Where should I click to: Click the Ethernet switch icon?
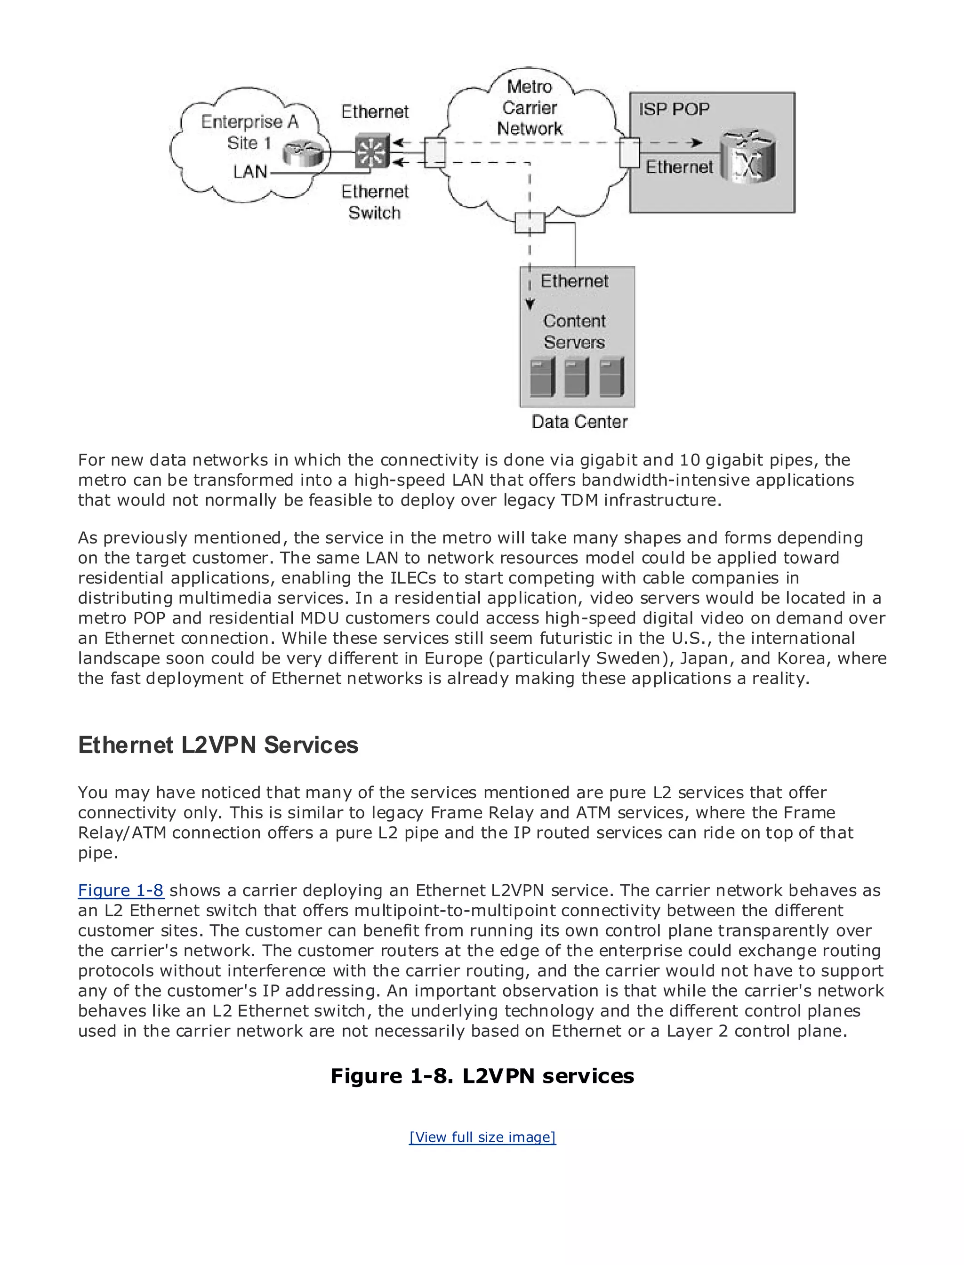point(372,152)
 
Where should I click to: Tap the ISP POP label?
point(674,109)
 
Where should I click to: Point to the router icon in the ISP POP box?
point(747,157)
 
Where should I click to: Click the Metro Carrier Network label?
point(530,108)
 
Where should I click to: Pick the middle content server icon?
point(577,377)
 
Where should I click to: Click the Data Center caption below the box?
point(579,422)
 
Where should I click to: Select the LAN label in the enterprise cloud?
point(250,171)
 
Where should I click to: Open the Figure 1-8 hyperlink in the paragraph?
point(121,890)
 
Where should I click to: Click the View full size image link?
point(482,1137)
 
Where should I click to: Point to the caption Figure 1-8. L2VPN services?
point(482,1076)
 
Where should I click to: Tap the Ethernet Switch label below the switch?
point(375,202)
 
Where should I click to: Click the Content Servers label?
point(574,332)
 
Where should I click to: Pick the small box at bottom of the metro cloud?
point(530,223)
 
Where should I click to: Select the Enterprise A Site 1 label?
point(249,132)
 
